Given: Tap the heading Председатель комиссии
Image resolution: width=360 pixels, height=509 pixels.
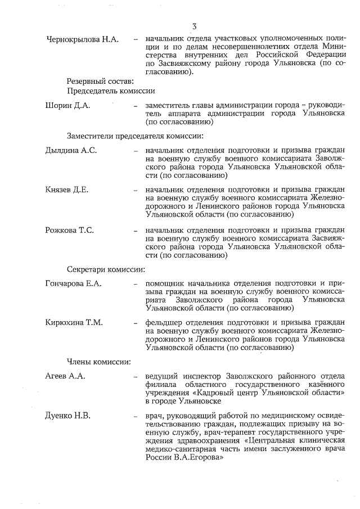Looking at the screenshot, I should click(x=111, y=90).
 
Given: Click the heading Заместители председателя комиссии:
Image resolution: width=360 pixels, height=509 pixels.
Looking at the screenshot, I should click(x=135, y=136).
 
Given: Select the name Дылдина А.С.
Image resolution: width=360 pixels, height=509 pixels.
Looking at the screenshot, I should click(x=71, y=151).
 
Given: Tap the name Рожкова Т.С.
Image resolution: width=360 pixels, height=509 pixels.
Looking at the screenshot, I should click(x=69, y=230).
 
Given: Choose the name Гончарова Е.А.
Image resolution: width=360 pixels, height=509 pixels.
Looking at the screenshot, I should click(x=73, y=283).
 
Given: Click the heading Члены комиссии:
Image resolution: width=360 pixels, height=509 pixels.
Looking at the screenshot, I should click(x=99, y=362).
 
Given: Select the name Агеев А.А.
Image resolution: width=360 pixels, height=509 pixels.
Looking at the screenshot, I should click(x=65, y=376).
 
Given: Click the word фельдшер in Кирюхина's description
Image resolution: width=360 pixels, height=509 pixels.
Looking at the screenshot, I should click(x=164, y=323).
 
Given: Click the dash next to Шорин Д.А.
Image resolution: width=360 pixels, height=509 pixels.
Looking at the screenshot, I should click(x=136, y=106).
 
